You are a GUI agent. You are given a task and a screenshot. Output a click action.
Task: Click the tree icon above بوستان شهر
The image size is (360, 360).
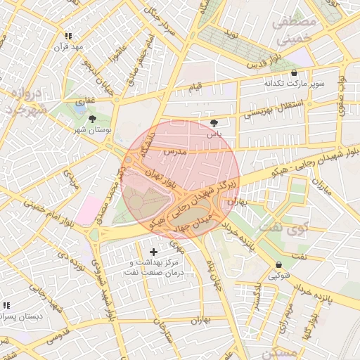tap(92, 119)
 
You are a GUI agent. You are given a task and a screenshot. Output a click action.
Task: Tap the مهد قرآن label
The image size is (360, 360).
tap(71, 47)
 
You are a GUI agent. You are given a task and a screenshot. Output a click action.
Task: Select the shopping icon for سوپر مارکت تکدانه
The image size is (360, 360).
tap(293, 72)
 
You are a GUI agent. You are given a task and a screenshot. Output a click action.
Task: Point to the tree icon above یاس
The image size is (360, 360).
tap(213, 122)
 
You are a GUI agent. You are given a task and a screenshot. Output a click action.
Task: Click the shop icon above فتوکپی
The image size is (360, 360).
tap(280, 265)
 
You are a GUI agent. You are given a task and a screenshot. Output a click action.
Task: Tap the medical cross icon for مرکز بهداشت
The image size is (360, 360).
tap(154, 251)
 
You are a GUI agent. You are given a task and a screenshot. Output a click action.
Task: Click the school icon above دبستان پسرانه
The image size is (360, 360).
tap(6, 306)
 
